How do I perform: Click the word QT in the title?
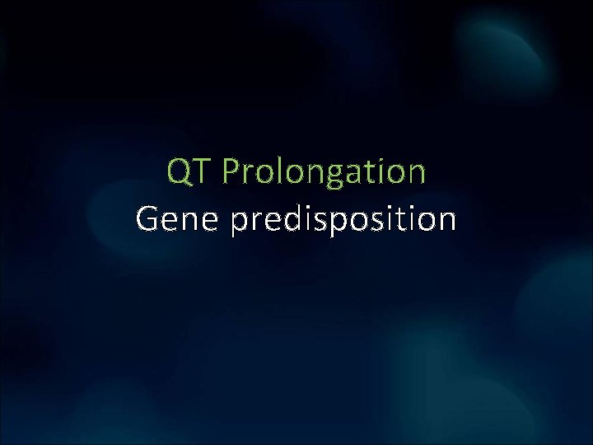pyautogui.click(x=190, y=172)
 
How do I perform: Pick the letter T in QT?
pyautogui.click(x=203, y=172)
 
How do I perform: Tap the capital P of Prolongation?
pyautogui.click(x=231, y=172)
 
